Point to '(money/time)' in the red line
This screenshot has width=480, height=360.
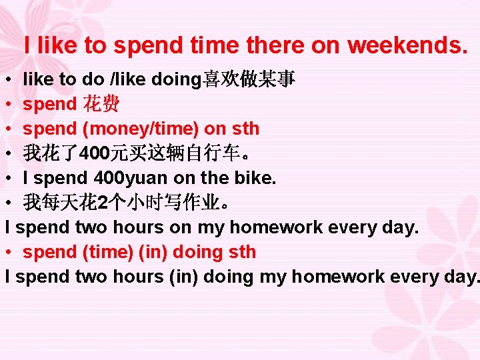pyautogui.click(x=139, y=129)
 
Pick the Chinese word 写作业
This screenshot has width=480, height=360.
pyautogui.click(x=194, y=203)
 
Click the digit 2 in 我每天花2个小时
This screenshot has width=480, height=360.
pyautogui.click(x=101, y=203)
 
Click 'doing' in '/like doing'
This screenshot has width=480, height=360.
pyautogui.click(x=176, y=79)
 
